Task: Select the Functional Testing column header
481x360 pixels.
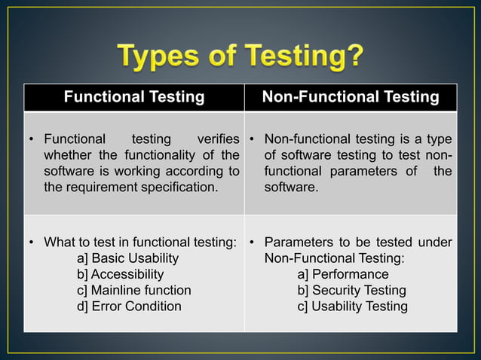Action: click(x=133, y=97)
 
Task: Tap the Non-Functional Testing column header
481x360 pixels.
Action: click(x=351, y=97)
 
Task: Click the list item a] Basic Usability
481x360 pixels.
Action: click(x=128, y=258)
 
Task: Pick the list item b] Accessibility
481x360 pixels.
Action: click(x=120, y=274)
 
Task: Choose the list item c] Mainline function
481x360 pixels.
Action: click(x=133, y=290)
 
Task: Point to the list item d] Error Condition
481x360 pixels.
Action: click(x=129, y=306)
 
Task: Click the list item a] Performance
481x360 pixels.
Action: click(x=343, y=274)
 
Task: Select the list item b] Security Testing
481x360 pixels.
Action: click(x=351, y=290)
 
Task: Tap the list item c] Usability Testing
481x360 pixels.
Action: click(x=352, y=306)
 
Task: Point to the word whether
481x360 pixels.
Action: click(x=69, y=155)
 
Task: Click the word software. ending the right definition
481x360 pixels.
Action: click(x=291, y=187)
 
